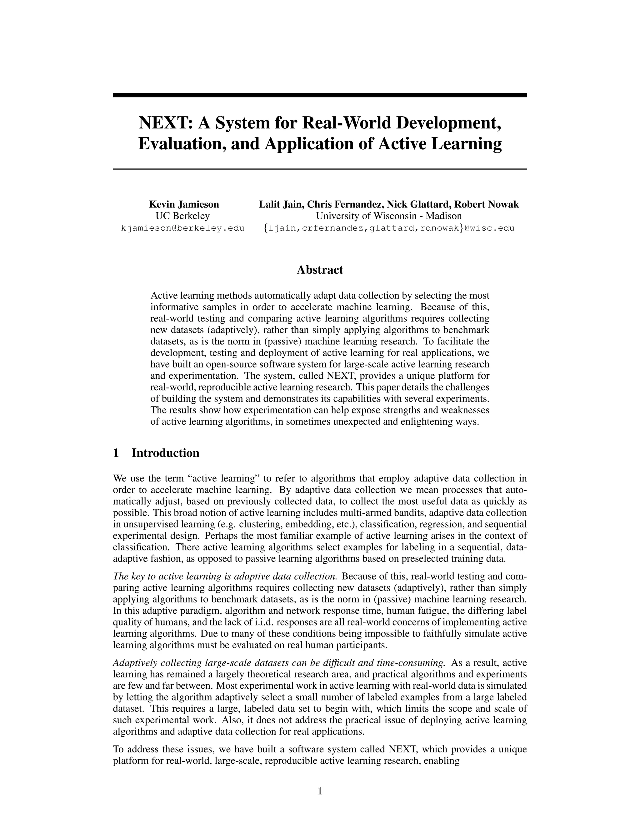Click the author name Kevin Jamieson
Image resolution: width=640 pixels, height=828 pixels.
coord(184,204)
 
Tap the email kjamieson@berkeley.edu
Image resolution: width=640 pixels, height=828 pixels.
coord(182,228)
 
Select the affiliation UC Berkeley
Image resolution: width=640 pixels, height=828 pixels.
coord(182,216)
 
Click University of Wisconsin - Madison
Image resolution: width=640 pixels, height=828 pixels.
coord(389,216)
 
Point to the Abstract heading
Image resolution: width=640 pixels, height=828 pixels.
coord(320,270)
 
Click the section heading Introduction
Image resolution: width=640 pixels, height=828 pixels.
coord(165,453)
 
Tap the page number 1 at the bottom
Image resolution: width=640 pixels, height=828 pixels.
coord(320,791)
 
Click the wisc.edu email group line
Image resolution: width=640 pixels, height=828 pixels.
coord(389,228)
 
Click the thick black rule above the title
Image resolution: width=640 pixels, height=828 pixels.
coord(320,95)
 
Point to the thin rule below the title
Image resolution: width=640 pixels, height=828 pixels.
coord(320,169)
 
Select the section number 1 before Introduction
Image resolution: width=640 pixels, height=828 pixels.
coord(116,453)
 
